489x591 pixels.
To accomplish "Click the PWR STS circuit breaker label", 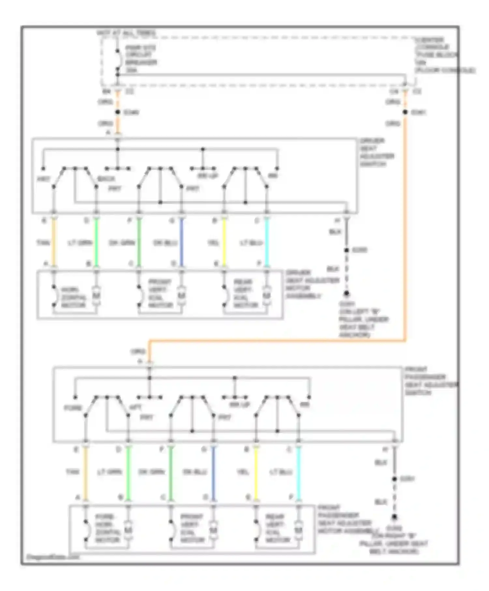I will [x=141, y=59].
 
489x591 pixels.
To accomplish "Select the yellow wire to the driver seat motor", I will [x=224, y=243].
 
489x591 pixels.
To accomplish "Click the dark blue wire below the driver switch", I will [x=182, y=243].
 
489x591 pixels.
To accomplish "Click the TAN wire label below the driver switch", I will [x=43, y=243].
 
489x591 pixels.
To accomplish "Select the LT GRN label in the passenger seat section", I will [x=109, y=472].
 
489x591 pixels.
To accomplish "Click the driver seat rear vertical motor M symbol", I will [x=267, y=295].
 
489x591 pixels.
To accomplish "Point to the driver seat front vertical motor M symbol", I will [x=182, y=295].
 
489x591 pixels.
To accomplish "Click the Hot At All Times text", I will [x=126, y=33].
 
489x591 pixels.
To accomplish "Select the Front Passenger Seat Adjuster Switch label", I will [x=430, y=381].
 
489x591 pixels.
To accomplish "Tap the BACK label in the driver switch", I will [x=106, y=179].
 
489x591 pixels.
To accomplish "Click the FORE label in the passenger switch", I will [x=73, y=408].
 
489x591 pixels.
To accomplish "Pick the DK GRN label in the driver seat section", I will [x=122, y=243].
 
